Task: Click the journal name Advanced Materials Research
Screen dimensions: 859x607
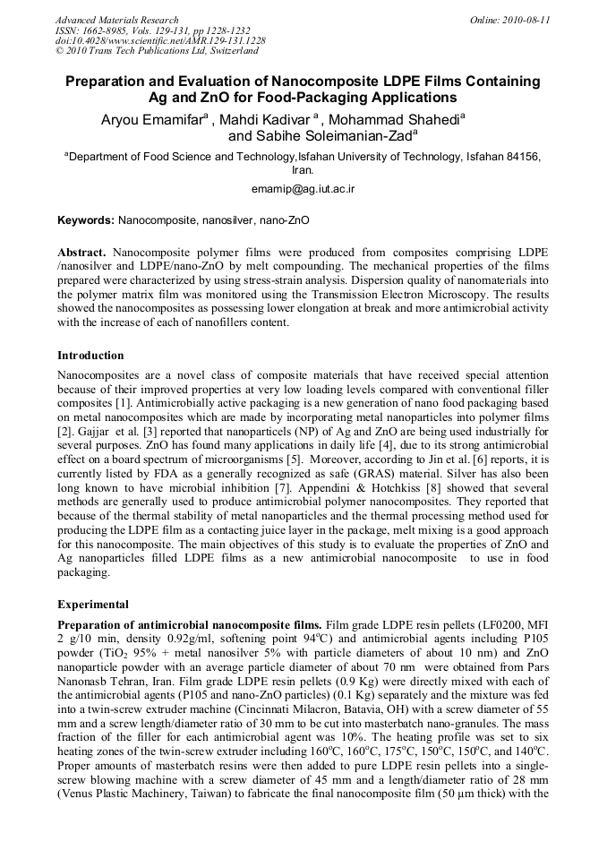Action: click(x=116, y=20)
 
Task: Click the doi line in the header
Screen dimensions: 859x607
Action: click(x=159, y=41)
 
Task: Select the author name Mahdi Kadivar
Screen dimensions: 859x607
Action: click(x=265, y=119)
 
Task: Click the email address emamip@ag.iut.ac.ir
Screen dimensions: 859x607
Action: click(x=303, y=189)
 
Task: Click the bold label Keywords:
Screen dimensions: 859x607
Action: click(x=86, y=219)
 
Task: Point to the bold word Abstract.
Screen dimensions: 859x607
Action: click(x=81, y=254)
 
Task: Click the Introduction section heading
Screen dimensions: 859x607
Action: click(x=90, y=356)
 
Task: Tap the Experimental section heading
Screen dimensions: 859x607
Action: click(x=92, y=605)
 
